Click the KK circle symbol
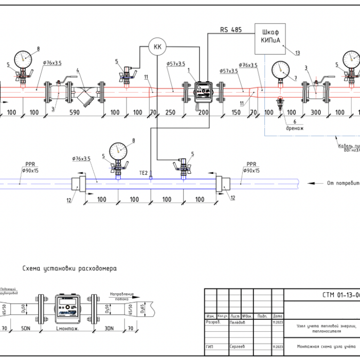pos(157,47)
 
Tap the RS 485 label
pos(231,30)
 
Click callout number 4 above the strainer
pos(78,70)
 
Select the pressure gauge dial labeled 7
pos(280,69)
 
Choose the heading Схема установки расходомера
pos(69,268)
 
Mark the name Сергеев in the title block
pos(237,348)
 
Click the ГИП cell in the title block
pos(210,348)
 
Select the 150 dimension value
pos(237,113)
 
